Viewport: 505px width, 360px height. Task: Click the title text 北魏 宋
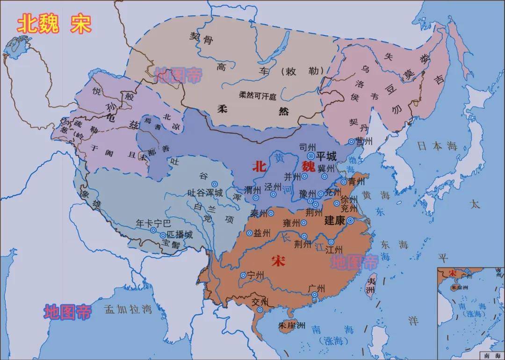pyautogui.click(x=54, y=24)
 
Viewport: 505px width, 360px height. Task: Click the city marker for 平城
pyautogui.click(x=310, y=156)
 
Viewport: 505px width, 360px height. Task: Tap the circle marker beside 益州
pyautogui.click(x=250, y=233)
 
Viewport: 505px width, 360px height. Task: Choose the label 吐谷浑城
pyautogui.click(x=205, y=192)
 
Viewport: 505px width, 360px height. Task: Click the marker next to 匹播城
pyautogui.click(x=163, y=235)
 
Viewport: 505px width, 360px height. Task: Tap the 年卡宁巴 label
pyautogui.click(x=153, y=223)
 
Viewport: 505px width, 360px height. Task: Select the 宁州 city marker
pyautogui.click(x=243, y=275)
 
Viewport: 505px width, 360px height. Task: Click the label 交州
pyautogui.click(x=260, y=301)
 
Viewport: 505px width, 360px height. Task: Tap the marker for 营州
pyautogui.click(x=351, y=141)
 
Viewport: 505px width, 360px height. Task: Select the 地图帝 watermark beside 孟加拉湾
pyautogui.click(x=67, y=312)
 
